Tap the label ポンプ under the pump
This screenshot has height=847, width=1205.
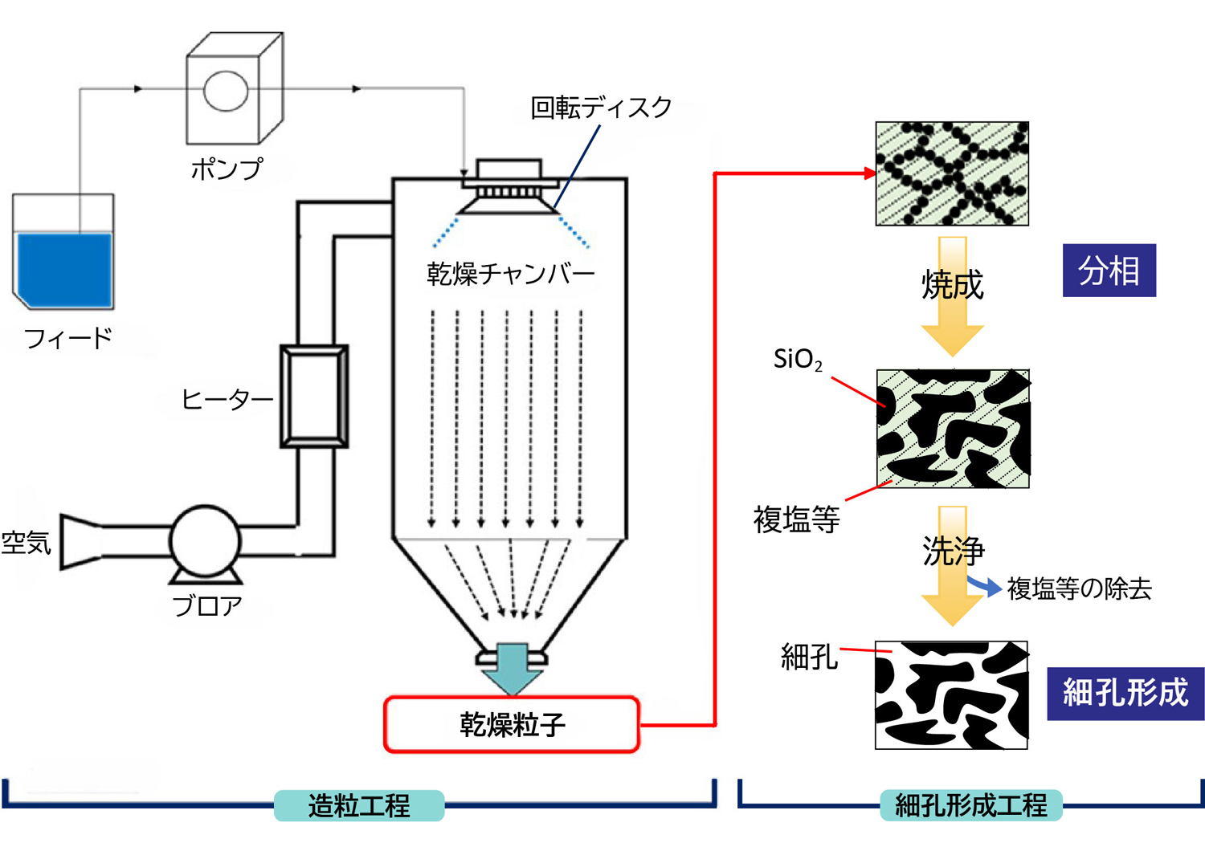(x=227, y=169)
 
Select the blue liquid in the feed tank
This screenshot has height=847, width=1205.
(x=64, y=269)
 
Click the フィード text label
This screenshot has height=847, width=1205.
(x=68, y=338)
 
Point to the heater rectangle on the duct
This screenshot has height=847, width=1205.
(x=314, y=396)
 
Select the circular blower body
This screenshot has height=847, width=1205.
(x=205, y=540)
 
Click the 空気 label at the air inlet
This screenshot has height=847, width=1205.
(x=26, y=543)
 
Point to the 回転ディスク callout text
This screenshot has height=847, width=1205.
(x=601, y=108)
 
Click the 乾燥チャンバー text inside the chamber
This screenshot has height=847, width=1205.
(x=510, y=274)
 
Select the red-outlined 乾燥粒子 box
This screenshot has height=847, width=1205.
(x=512, y=724)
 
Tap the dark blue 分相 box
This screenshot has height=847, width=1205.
(x=1109, y=271)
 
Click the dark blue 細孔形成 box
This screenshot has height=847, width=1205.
(x=1125, y=693)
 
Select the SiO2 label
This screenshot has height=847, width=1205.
(x=797, y=359)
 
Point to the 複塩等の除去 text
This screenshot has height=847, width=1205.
(x=1079, y=588)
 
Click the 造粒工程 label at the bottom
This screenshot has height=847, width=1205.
(x=359, y=805)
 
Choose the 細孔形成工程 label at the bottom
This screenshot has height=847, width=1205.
(x=970, y=805)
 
